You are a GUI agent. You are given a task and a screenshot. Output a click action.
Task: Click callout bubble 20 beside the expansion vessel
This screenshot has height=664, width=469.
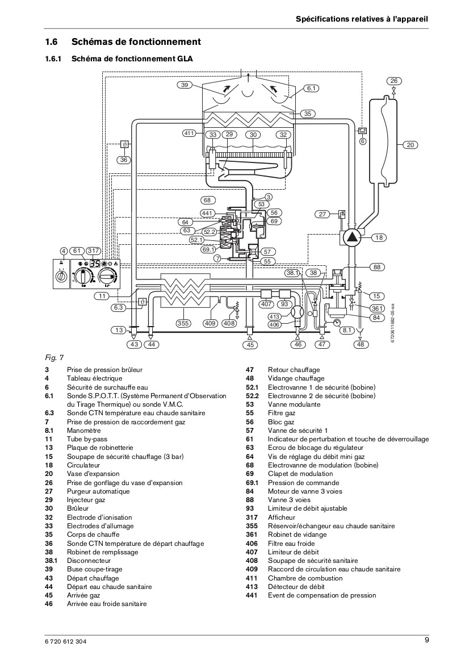click(410, 145)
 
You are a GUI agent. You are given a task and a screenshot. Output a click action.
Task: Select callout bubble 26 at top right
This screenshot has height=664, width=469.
click(394, 81)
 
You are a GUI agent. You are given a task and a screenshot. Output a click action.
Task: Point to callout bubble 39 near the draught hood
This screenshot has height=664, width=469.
click(184, 85)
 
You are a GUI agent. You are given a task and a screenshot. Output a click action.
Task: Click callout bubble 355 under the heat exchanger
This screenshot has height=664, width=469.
click(183, 323)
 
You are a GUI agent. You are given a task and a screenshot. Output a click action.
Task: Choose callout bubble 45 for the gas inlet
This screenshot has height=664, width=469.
click(250, 345)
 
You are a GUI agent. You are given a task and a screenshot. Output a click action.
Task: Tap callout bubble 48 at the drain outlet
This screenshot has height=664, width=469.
click(360, 344)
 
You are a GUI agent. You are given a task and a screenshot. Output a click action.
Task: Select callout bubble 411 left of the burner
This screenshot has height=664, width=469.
click(189, 133)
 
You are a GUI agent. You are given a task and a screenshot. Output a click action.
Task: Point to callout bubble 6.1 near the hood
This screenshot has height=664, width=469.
click(312, 89)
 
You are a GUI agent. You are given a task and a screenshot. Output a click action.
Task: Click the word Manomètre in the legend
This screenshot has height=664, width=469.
click(84, 430)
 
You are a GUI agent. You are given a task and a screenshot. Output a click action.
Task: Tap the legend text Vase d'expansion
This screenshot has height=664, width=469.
click(93, 474)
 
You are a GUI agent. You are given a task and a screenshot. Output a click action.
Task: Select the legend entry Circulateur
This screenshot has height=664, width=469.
click(83, 465)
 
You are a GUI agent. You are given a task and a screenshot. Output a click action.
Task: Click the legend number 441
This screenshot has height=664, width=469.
click(252, 595)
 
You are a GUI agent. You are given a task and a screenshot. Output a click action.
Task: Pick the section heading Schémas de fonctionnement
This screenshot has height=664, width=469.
click(136, 41)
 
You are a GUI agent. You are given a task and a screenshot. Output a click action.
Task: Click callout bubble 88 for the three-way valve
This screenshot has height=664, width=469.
click(376, 267)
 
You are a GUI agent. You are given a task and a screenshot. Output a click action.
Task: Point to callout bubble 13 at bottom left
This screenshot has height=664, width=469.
click(119, 330)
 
